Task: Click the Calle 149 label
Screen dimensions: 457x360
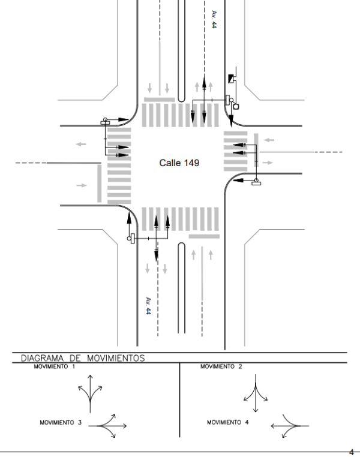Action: point(179,163)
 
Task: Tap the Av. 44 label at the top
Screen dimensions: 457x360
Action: point(213,19)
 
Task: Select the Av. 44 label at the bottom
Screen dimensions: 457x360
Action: point(147,305)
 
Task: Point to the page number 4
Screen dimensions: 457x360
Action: point(351,451)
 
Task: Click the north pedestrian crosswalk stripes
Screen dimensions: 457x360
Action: point(180,115)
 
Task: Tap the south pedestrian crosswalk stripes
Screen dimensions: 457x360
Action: point(180,218)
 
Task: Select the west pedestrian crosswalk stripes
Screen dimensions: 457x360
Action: point(119,166)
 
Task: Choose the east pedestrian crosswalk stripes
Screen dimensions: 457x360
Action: point(235,150)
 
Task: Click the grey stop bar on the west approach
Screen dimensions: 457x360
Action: point(100,182)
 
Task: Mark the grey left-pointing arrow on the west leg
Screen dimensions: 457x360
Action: point(81,145)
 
